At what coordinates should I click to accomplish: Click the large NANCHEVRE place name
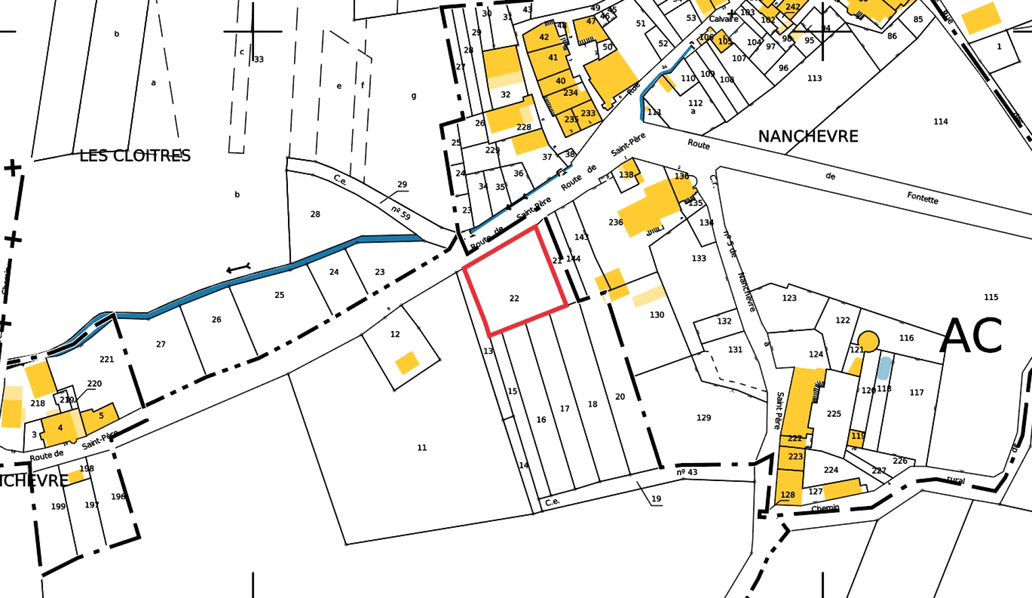[808, 136]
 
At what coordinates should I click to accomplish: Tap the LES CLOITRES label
[135, 156]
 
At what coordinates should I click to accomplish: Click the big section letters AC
[971, 336]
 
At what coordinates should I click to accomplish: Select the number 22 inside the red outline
[514, 298]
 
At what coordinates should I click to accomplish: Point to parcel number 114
[941, 122]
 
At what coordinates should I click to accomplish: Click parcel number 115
[991, 297]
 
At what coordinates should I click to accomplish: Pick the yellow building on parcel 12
[407, 363]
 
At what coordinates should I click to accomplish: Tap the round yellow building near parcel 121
[868, 341]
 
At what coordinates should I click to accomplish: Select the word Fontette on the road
[922, 198]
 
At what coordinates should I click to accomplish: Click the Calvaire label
[724, 19]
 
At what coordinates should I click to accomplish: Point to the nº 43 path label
[687, 472]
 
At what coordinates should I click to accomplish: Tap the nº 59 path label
[401, 213]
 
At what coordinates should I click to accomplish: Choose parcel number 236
[616, 223]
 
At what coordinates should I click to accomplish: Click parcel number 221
[107, 359]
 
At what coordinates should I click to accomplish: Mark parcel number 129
[704, 418]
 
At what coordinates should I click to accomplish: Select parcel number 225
[834, 414]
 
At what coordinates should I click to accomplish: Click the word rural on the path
[956, 480]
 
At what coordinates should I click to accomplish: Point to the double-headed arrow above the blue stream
[239, 269]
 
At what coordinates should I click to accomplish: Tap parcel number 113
[814, 79]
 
